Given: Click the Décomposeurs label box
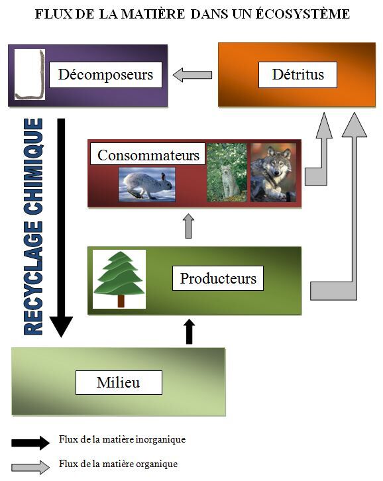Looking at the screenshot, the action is (105, 75).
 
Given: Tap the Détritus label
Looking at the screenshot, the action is (298, 75).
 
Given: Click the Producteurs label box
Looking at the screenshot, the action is (218, 278).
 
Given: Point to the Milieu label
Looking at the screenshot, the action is (119, 382).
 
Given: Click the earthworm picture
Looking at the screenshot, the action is (30, 75).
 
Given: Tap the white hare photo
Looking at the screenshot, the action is (147, 184).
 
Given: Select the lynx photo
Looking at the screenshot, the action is (227, 172).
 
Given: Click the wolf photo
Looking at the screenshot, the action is (273, 172).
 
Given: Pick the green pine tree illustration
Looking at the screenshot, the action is (119, 279).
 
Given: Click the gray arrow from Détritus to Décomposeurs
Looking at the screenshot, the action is (192, 75).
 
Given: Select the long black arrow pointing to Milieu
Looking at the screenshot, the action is (62, 228).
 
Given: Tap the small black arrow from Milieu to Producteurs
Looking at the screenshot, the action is (190, 331).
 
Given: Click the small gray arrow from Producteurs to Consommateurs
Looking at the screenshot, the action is (188, 226).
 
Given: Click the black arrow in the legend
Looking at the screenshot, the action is (30, 443).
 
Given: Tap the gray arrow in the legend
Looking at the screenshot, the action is (30, 467).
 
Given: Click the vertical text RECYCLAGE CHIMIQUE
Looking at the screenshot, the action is (33, 227).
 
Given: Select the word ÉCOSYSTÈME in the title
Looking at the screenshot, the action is (303, 14).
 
